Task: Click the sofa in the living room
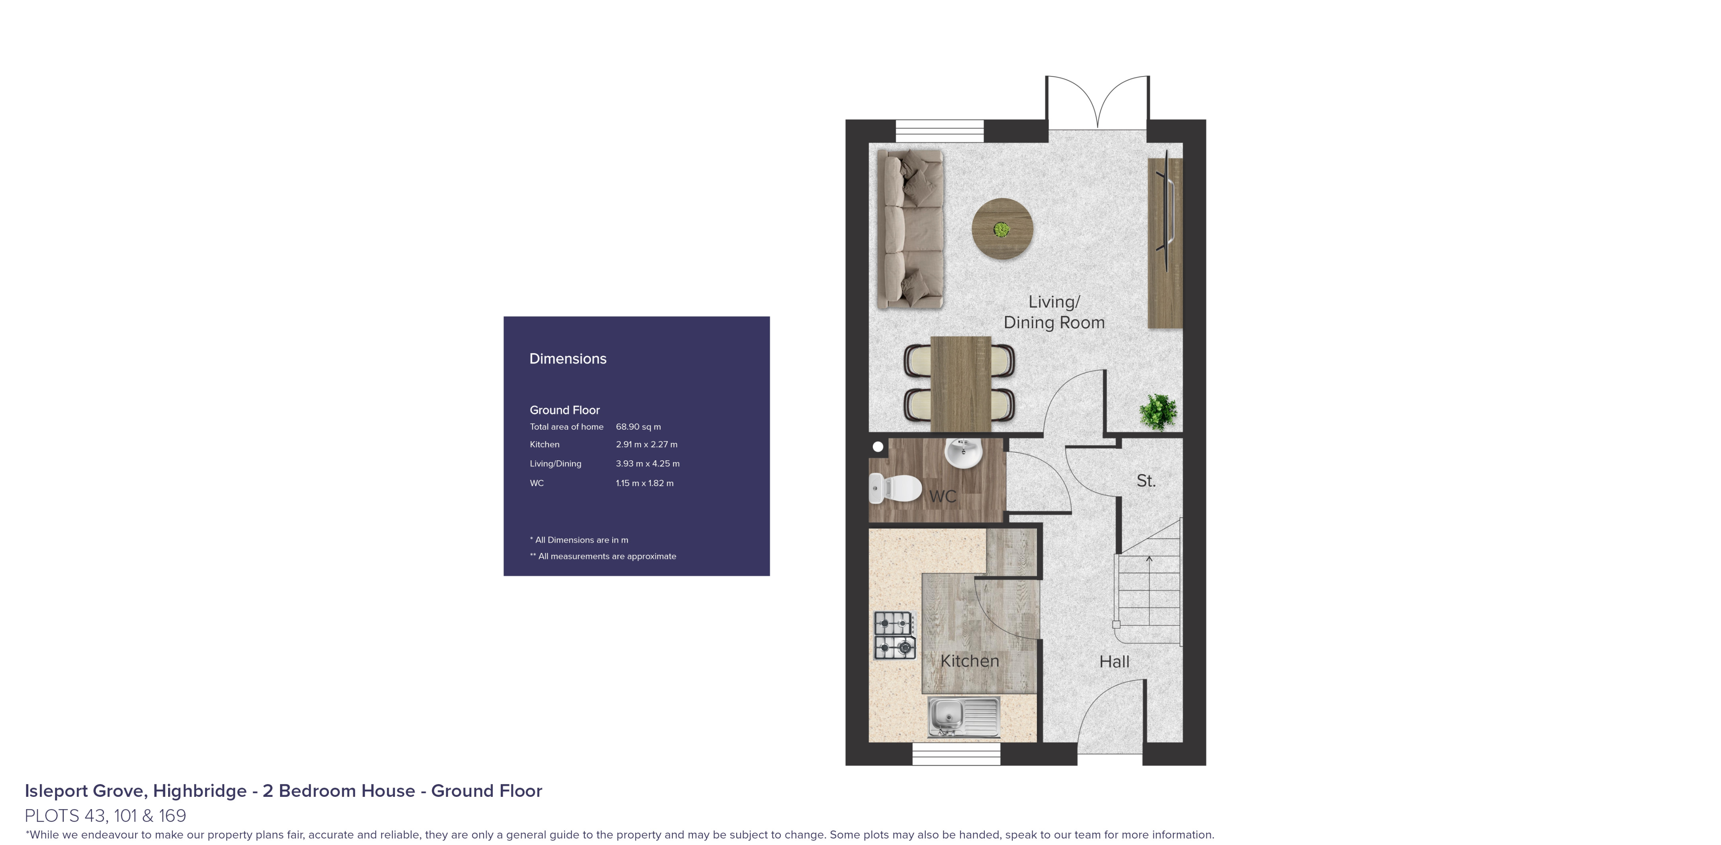909,229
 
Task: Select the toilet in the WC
895,488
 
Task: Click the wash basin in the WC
963,453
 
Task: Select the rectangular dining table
960,384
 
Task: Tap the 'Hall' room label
1114,662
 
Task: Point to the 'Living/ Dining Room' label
1054,312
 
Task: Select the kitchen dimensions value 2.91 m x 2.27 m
646,444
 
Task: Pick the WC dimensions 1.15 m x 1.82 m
644,483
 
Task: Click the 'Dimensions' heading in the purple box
568,359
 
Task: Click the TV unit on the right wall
1164,243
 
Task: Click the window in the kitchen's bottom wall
956,754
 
